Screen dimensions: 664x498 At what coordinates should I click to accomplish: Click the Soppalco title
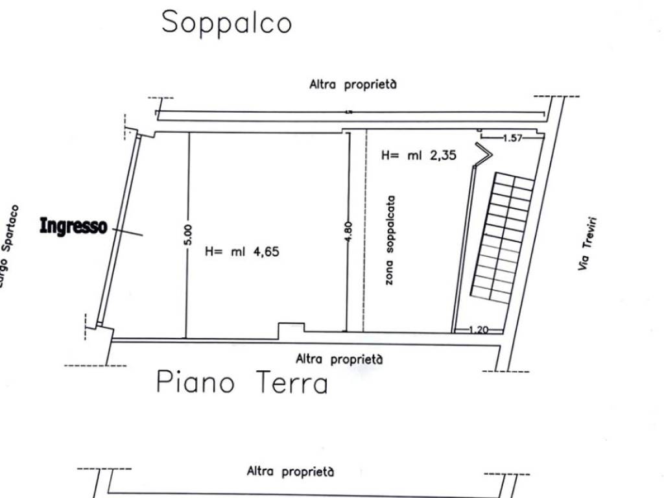tap(226, 23)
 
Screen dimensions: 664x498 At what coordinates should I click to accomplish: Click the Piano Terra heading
tap(242, 383)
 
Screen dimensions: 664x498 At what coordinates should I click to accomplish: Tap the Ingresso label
tap(73, 226)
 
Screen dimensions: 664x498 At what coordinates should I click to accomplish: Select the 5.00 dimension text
tap(188, 235)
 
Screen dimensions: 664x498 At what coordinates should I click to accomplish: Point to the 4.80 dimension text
tap(348, 232)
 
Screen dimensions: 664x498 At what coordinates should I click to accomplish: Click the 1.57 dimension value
tap(513, 137)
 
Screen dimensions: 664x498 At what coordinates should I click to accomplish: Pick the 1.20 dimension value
tap(479, 329)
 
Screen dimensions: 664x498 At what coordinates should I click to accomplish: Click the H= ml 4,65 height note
tap(242, 252)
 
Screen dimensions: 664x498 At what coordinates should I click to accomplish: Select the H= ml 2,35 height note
tap(419, 155)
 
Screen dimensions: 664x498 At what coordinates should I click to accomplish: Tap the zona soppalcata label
tap(390, 240)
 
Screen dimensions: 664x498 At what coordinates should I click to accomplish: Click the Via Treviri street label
tap(587, 244)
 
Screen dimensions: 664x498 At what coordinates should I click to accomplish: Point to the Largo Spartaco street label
tap(9, 246)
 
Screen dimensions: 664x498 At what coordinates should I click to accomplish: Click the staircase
tap(503, 237)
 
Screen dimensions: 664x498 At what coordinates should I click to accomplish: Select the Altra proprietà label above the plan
tap(353, 84)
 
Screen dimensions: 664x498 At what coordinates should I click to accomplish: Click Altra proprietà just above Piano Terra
tap(339, 359)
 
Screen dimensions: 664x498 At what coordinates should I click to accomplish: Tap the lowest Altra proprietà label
tap(290, 471)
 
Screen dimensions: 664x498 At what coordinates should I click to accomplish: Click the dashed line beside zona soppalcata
tap(365, 231)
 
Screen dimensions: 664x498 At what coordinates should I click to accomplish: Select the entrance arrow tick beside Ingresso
tap(128, 232)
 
